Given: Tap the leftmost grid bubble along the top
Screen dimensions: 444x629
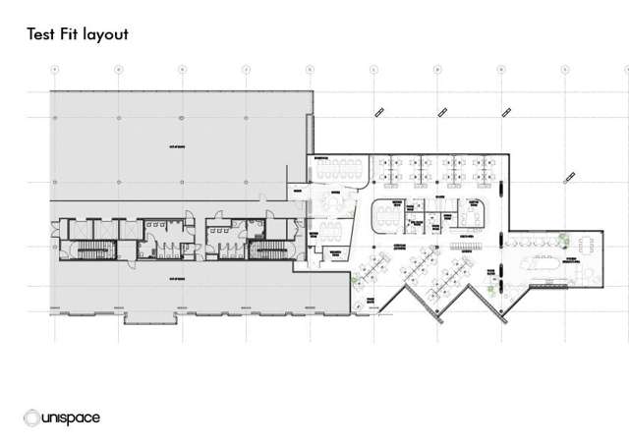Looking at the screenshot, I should click(x=54, y=70).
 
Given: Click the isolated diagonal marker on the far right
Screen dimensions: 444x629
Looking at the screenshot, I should click(x=568, y=177).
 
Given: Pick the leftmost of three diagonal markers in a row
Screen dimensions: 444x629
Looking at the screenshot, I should click(x=376, y=113).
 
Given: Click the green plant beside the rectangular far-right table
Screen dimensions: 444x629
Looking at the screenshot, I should click(x=563, y=237).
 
